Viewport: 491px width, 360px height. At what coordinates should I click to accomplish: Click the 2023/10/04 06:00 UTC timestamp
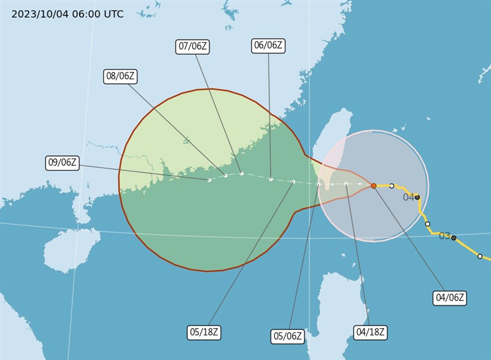(x=68, y=14)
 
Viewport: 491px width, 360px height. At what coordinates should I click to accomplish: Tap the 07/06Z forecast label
(x=193, y=46)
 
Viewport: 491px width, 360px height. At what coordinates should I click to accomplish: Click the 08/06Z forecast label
(x=120, y=76)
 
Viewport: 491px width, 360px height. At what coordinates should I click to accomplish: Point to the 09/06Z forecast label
(x=63, y=163)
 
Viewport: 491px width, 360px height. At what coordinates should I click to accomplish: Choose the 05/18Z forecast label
(x=204, y=332)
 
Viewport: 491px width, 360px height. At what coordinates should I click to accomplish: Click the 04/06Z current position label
(x=449, y=299)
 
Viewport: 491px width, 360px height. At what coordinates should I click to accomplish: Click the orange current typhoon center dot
(x=373, y=186)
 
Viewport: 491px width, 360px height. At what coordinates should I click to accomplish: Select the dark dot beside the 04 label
(x=417, y=197)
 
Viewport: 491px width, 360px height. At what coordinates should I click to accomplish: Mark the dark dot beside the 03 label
(x=454, y=237)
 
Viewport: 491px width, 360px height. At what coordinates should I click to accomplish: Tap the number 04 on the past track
(x=408, y=197)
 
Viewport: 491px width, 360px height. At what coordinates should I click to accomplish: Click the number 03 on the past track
(x=444, y=236)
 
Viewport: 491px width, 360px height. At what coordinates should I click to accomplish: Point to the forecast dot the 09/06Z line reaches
(x=209, y=180)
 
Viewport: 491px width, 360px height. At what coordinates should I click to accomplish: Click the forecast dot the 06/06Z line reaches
(x=271, y=179)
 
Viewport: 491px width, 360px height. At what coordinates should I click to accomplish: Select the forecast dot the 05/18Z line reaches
(x=294, y=182)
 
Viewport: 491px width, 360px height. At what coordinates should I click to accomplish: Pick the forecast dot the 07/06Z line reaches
(x=242, y=173)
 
